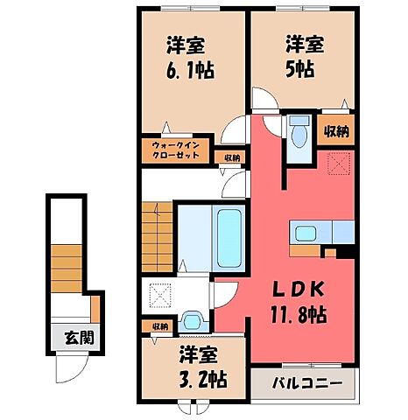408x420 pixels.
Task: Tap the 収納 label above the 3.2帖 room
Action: click(x=158, y=326)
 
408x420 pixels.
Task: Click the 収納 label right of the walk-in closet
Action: click(x=231, y=157)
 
